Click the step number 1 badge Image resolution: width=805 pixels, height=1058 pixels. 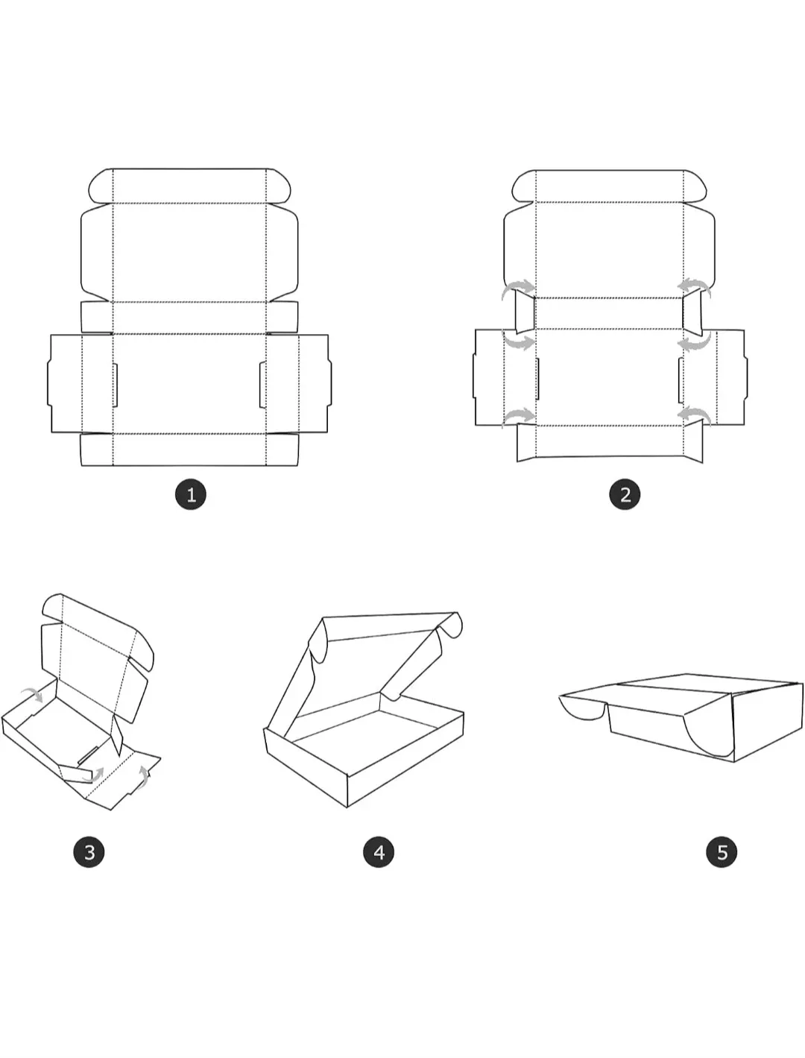click(191, 494)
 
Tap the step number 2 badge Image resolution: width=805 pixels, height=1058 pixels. click(625, 494)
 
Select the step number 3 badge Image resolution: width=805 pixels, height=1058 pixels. click(89, 852)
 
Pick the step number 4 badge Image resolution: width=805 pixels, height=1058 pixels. click(379, 852)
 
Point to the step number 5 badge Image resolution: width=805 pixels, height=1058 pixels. click(722, 852)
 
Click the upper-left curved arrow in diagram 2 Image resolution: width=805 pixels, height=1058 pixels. click(520, 288)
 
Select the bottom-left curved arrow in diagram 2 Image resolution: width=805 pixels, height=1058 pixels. click(520, 416)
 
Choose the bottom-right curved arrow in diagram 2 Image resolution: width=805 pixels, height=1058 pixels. click(695, 415)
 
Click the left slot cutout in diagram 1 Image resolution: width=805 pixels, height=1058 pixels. click(115, 385)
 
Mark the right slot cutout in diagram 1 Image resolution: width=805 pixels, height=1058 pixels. click(262, 385)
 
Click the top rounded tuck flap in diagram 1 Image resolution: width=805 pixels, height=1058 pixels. click(189, 186)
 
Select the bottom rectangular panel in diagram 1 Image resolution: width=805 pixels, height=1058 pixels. click(189, 450)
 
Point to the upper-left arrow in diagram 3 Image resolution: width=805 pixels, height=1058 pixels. click(31, 694)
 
